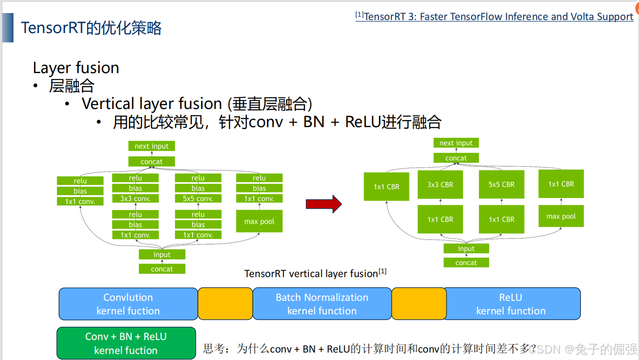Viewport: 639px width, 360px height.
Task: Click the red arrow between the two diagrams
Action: click(323, 204)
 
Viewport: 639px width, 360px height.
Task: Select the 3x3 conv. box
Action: click(135, 198)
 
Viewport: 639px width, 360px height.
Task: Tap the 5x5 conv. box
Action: click(198, 198)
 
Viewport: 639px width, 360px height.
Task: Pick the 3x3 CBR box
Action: click(440, 184)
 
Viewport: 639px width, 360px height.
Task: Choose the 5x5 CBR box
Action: click(501, 184)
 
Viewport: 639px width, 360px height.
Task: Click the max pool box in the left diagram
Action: click(259, 221)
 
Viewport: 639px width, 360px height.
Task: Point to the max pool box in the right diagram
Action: click(561, 216)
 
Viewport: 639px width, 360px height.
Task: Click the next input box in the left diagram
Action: click(152, 146)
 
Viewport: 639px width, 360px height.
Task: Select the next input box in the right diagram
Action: click(456, 143)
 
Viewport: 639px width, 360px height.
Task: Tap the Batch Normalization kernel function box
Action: click(322, 304)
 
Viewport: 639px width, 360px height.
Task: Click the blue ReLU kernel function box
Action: click(511, 304)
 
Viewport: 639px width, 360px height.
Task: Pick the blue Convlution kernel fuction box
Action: click(128, 304)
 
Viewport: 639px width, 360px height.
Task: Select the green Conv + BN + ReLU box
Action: click(126, 343)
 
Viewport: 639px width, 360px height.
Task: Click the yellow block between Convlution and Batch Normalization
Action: click(225, 304)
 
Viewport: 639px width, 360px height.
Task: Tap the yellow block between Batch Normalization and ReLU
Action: click(419, 304)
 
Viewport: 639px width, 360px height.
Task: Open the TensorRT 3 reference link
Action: click(498, 17)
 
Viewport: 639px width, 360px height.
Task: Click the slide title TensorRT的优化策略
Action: click(91, 28)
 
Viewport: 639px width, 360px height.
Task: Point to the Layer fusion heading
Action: click(76, 68)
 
